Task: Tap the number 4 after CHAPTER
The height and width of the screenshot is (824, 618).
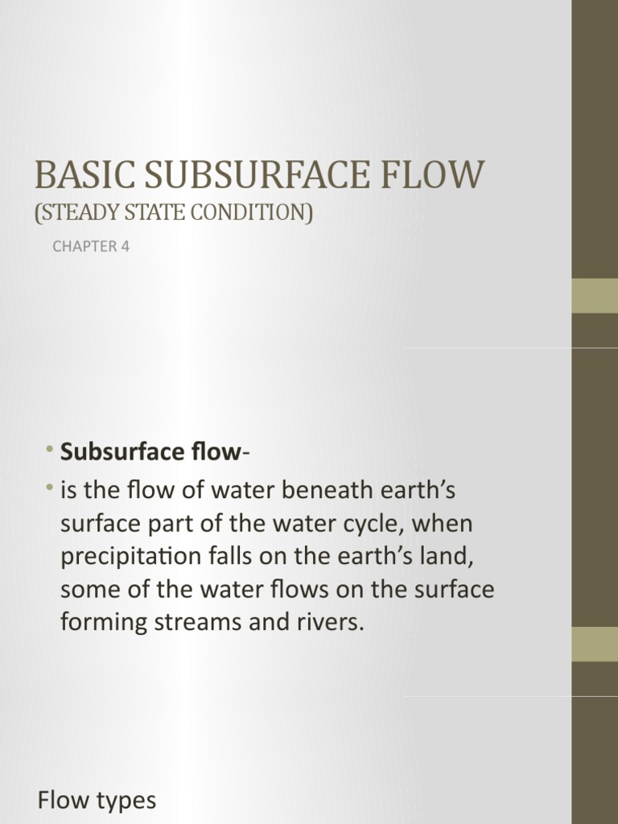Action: pos(126,247)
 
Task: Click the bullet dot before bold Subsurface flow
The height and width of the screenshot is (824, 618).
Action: pos(49,449)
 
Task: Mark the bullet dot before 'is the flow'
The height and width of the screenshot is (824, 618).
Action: pos(49,488)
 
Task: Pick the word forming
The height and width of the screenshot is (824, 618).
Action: pos(100,623)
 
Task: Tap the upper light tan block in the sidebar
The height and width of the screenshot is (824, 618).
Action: pos(595,295)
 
